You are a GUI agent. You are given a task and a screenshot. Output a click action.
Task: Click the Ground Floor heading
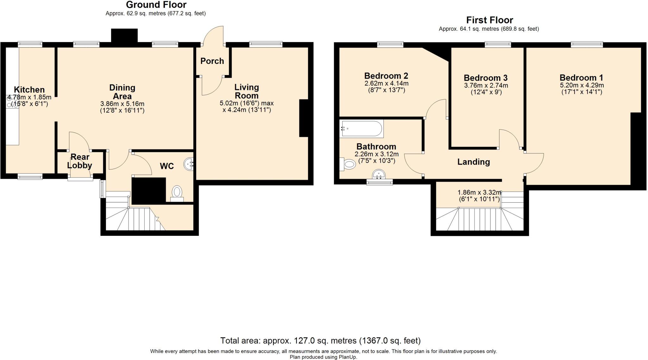tap(156, 5)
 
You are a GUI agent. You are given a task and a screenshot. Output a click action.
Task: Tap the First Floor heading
tap(489, 20)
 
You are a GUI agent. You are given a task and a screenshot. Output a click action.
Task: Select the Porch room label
tap(212, 61)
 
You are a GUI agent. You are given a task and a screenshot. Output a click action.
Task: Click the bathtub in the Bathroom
tap(361, 129)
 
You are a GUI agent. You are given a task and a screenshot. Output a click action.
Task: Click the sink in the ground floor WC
tap(189, 164)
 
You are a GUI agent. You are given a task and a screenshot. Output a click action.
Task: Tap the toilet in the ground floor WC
tap(177, 194)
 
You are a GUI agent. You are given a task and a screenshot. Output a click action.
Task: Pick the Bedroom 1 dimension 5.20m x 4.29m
tap(582, 85)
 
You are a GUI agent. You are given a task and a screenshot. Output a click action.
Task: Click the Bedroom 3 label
tap(486, 78)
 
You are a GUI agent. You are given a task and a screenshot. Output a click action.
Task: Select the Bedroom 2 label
tap(386, 76)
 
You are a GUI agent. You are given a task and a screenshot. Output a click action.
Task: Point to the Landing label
tap(474, 162)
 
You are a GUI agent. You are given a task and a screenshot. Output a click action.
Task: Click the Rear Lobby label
tap(80, 161)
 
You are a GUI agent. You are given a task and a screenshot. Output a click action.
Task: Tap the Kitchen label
tap(29, 90)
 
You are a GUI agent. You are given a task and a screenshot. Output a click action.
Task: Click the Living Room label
tap(246, 91)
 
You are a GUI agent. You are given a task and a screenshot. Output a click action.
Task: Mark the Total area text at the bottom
tap(321, 341)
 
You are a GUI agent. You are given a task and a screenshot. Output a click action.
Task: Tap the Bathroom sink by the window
tap(379, 174)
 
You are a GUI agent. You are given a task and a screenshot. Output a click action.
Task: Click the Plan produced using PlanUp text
tap(323, 357)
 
